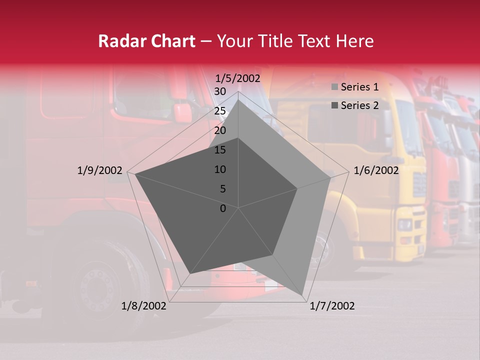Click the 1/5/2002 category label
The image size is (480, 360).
(238, 78)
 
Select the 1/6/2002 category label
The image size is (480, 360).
(376, 170)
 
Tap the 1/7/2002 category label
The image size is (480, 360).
(332, 306)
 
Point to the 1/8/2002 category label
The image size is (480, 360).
(144, 306)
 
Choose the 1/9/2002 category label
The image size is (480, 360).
(99, 170)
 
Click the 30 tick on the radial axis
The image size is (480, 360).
(219, 91)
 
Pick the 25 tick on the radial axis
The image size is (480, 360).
(219, 111)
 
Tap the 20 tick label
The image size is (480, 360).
(219, 130)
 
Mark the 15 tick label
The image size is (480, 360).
(219, 150)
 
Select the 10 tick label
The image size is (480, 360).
(219, 169)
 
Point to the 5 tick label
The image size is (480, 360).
(222, 189)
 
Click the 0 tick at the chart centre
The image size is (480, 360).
(223, 208)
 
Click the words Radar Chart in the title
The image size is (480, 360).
(146, 41)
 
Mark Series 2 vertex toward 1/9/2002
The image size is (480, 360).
(135, 174)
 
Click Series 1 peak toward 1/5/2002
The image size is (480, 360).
(238, 99)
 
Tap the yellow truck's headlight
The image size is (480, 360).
(404, 224)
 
